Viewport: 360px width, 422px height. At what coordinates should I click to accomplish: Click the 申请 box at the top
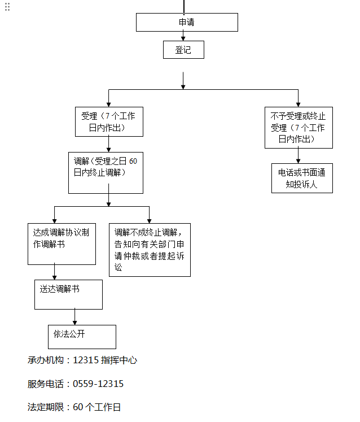[x=187, y=23]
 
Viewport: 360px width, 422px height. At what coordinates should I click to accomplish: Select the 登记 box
[x=183, y=50]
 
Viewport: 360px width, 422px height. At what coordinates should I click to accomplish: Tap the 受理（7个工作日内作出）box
[x=109, y=121]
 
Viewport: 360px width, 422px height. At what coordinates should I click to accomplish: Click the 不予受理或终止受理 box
[x=298, y=128]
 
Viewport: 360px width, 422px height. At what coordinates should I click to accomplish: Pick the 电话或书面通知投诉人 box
[x=301, y=178]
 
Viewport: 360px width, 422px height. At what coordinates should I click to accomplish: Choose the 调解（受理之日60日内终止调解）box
[x=105, y=172]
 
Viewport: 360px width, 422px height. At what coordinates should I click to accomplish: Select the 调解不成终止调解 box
[x=150, y=249]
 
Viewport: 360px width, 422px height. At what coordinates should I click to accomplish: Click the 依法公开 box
[x=82, y=337]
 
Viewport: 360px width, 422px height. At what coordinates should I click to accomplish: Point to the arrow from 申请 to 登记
[x=183, y=36]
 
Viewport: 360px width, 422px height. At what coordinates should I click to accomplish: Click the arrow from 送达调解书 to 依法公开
[x=74, y=317]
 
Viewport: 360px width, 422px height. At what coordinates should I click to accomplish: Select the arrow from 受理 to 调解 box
[x=109, y=144]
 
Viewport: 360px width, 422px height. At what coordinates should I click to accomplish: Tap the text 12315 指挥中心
[x=105, y=360]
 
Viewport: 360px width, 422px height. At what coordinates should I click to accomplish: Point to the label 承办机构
[x=47, y=360]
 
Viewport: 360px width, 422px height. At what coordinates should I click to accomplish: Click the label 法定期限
[x=47, y=407]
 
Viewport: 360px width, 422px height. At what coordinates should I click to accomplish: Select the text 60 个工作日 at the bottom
[x=97, y=407]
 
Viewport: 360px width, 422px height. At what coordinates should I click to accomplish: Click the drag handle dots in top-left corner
[x=7, y=6]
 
